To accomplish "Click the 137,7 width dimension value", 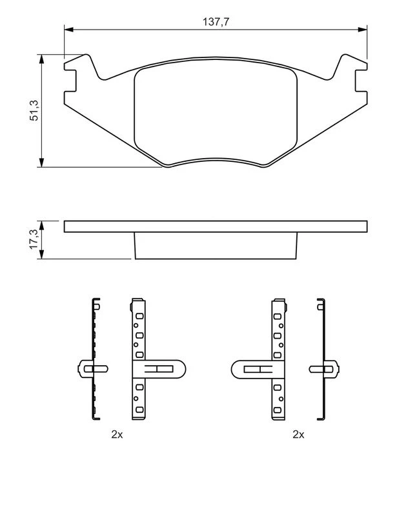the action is coord(216,22).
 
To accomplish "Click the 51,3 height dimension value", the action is coord(34,110).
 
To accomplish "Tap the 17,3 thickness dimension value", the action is coord(34,239).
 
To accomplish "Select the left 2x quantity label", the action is coord(117,434).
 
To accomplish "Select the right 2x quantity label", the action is coord(298,434).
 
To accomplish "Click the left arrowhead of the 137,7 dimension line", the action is coord(68,30).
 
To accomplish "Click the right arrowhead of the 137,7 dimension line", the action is coord(362,30).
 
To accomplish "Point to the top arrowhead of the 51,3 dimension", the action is coord(41,59).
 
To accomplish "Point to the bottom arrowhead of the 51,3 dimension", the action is coord(41,163).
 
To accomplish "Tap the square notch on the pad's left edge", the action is coord(70,81).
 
